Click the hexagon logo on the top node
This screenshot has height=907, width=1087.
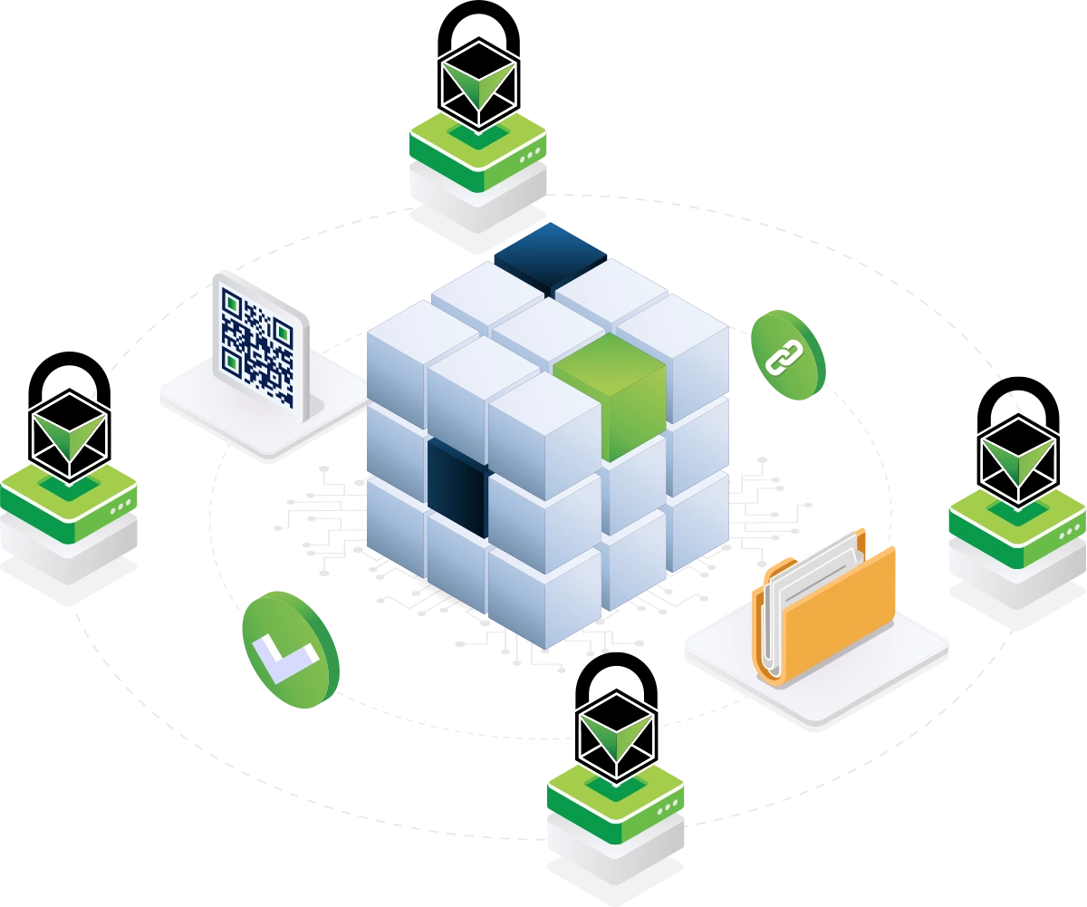[477, 82]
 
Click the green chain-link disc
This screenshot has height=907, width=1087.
[785, 354]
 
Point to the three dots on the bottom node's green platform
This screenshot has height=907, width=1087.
[669, 807]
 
